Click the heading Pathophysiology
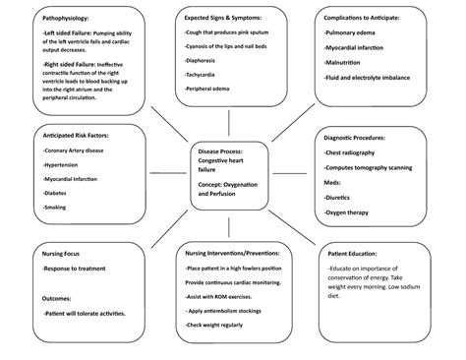click(x=61, y=19)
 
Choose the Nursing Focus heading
click(x=61, y=253)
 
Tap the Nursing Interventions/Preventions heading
click(x=231, y=253)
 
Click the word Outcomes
click(x=58, y=296)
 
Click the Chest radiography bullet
click(x=355, y=152)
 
